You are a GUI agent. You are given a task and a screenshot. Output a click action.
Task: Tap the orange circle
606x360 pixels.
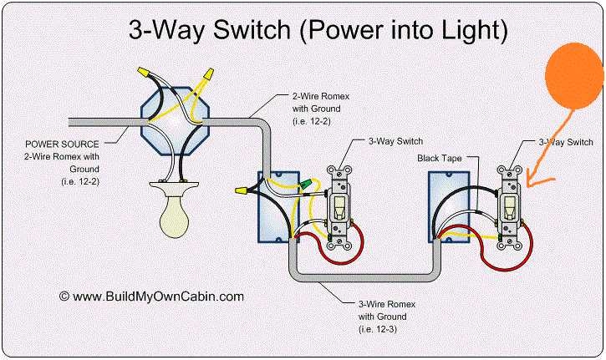tap(575, 74)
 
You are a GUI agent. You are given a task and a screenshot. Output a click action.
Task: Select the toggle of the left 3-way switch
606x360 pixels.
tap(341, 206)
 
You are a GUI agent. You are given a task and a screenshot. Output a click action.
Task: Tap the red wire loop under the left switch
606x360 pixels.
tap(334, 251)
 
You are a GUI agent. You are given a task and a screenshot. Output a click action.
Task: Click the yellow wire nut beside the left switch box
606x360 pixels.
tap(243, 191)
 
